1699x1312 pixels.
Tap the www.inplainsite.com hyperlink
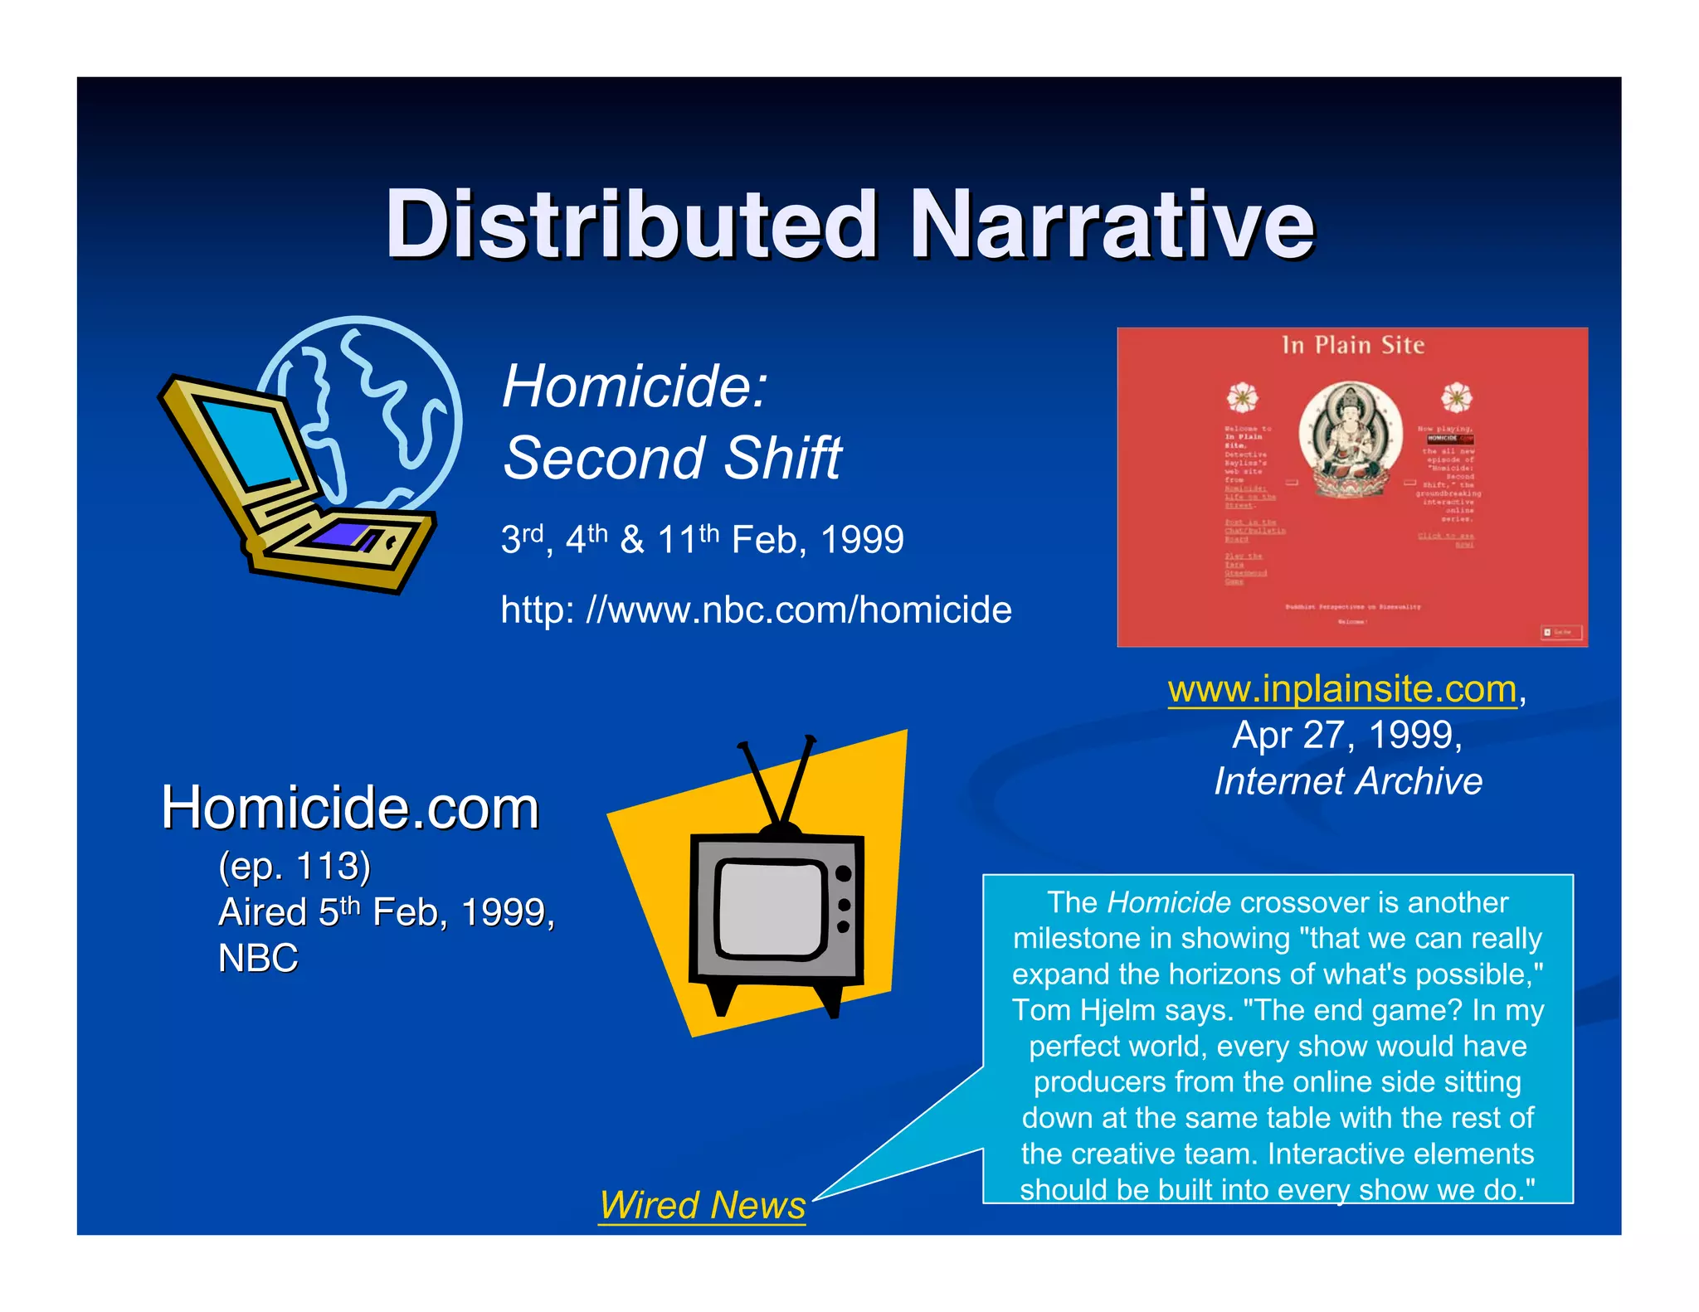tap(1341, 689)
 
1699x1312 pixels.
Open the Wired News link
tap(702, 1205)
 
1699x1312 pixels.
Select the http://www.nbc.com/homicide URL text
tap(756, 610)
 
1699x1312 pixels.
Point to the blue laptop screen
tap(246, 444)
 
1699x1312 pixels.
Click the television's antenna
tap(777, 780)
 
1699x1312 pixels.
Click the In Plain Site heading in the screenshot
tap(1352, 345)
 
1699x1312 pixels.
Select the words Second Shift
tap(672, 458)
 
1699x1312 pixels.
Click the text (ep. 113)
tap(295, 867)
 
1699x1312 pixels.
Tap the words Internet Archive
tap(1348, 781)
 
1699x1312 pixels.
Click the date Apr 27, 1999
tap(1346, 735)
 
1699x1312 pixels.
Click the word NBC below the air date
tap(258, 959)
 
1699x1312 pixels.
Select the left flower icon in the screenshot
tap(1242, 397)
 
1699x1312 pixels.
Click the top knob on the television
tap(844, 873)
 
